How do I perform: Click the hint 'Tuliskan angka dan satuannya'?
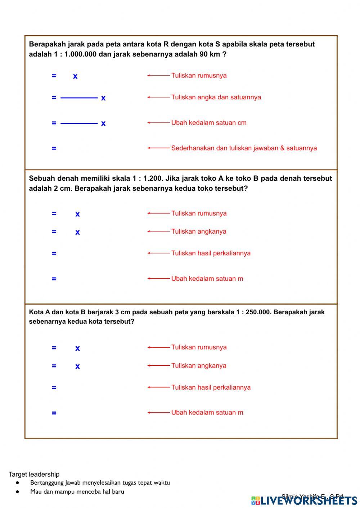tap(216, 97)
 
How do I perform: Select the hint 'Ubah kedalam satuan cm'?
tap(209, 123)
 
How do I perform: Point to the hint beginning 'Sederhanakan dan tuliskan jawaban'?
tap(244, 148)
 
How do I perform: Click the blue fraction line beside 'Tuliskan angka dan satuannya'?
tap(79, 98)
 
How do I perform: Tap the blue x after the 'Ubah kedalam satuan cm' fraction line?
tap(103, 123)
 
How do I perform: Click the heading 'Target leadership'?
tap(34, 474)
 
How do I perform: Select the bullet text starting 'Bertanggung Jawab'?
tap(100, 483)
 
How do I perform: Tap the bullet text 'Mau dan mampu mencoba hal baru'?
tap(77, 492)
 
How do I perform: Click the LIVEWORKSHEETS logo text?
tap(309, 500)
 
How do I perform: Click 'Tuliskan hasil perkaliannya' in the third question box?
tap(211, 387)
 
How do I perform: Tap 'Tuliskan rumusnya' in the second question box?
tap(199, 213)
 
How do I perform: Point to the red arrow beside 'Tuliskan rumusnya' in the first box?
tap(158, 76)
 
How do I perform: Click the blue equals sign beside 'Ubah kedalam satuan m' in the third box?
tap(54, 413)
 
